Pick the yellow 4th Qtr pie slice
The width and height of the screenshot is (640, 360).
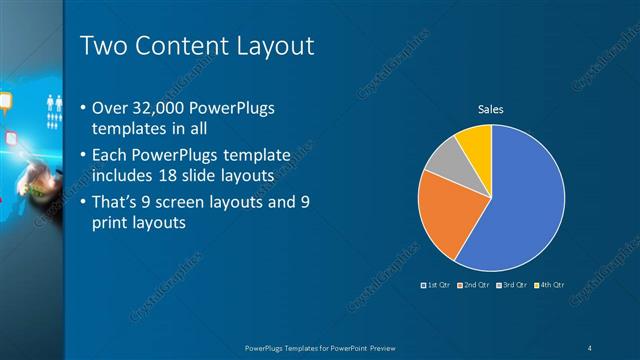[x=474, y=145]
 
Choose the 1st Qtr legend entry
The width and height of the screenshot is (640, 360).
[x=437, y=287]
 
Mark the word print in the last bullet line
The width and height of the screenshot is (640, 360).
[x=111, y=224]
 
